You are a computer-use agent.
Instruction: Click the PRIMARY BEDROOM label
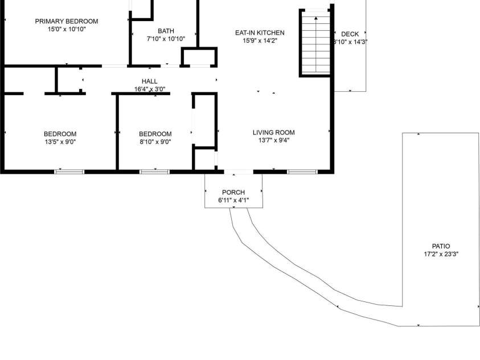67,22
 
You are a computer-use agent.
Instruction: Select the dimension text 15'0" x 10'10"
67,28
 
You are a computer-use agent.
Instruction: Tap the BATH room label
166,31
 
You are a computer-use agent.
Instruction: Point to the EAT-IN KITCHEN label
260,33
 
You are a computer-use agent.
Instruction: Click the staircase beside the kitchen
315,44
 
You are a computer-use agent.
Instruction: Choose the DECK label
350,34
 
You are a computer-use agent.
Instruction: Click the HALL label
150,81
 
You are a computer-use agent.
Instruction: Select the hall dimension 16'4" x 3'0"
150,89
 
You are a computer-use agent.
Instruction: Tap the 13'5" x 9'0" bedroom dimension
60,142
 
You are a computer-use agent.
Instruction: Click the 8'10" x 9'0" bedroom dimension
155,142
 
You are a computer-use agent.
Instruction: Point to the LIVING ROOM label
274,133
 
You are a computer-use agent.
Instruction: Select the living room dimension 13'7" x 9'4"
274,140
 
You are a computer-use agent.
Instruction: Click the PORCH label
233,193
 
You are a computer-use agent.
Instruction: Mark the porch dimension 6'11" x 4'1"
233,200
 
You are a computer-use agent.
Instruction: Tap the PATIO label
441,247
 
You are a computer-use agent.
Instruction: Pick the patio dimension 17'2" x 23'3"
441,254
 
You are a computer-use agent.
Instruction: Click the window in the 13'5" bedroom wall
69,171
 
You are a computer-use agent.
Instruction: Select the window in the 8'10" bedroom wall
154,171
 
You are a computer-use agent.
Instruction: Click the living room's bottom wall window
302,171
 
